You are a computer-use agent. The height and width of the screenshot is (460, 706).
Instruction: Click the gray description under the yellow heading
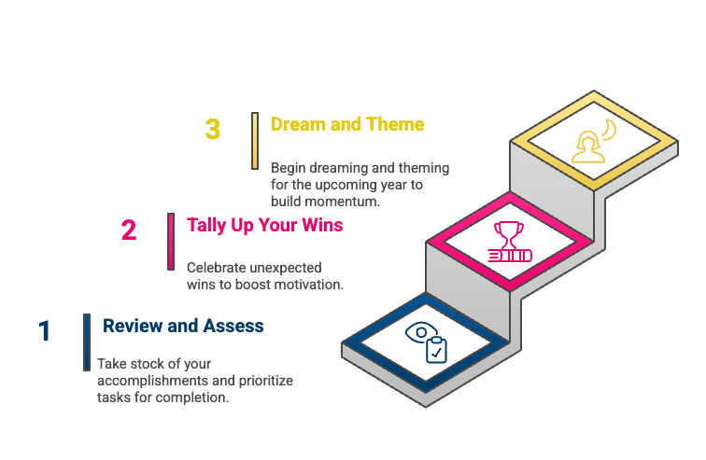(x=356, y=185)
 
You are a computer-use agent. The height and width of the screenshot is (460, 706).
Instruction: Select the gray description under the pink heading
(x=261, y=277)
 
